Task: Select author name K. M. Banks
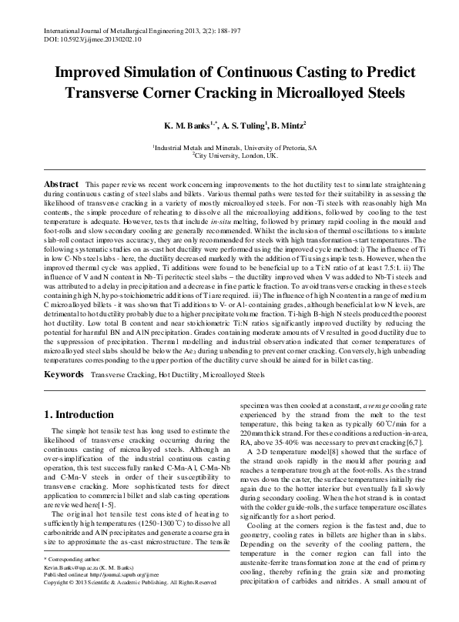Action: click(x=183, y=125)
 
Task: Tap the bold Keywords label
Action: click(x=64, y=373)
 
